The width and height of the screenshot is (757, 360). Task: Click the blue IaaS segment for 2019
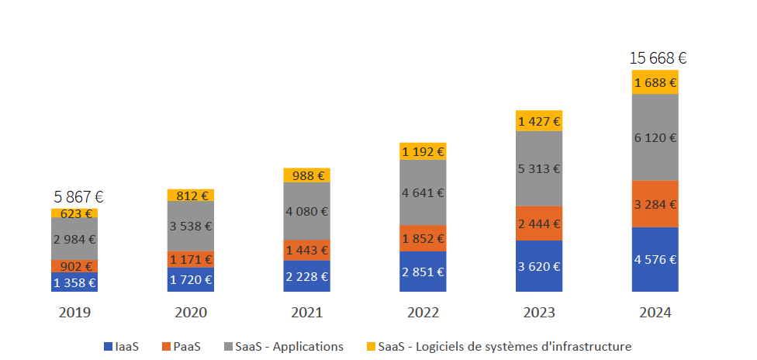tap(74, 282)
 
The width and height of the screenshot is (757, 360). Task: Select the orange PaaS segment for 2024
tap(655, 204)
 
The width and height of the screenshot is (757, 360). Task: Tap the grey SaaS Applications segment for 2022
tap(423, 192)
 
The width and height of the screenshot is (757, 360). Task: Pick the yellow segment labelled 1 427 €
tap(539, 121)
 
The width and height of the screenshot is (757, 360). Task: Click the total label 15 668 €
tap(658, 58)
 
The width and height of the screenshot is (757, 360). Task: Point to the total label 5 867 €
tap(78, 196)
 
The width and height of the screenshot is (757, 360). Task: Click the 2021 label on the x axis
tap(306, 313)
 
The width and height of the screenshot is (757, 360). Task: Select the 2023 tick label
tap(539, 313)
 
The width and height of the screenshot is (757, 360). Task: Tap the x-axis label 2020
tap(191, 313)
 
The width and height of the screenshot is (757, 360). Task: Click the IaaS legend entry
tap(121, 347)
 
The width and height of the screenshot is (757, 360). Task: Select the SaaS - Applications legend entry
tap(284, 347)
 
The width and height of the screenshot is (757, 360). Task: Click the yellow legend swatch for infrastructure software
tap(371, 347)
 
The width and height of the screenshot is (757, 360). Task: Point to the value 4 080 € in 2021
tap(306, 211)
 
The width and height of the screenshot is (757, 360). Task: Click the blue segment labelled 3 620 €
tap(539, 266)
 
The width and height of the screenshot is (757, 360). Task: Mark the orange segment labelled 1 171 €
tap(191, 259)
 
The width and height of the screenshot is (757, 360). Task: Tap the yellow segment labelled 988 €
tap(306, 175)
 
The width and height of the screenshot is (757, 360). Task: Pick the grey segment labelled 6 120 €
tap(655, 138)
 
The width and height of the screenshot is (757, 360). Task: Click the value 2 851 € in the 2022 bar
tap(423, 272)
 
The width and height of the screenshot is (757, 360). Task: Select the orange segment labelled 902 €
tap(74, 266)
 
